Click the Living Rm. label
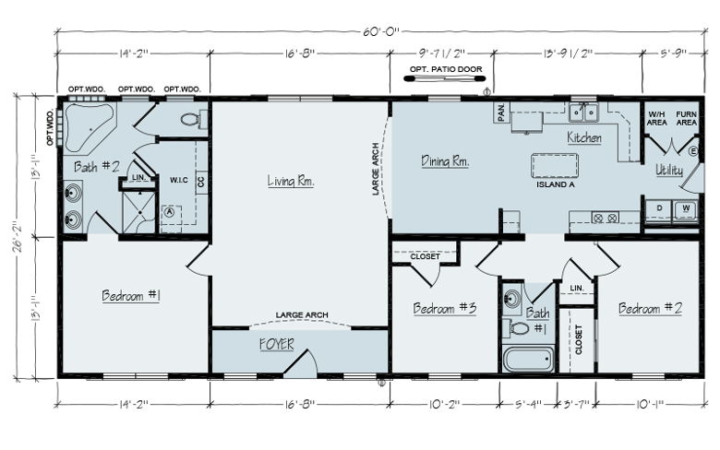pyautogui.click(x=291, y=181)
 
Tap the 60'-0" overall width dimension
pyautogui.click(x=381, y=31)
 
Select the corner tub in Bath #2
pyautogui.click(x=88, y=126)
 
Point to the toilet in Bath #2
pyautogui.click(x=193, y=120)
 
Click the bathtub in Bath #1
pyautogui.click(x=528, y=360)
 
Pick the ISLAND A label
pyautogui.click(x=555, y=184)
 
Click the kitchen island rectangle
pyautogui.click(x=554, y=166)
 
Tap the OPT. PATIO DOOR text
pyautogui.click(x=446, y=69)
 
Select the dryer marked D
pyautogui.click(x=659, y=210)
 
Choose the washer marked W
pyautogui.click(x=686, y=210)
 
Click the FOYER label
pyautogui.click(x=276, y=344)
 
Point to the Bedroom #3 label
pyautogui.click(x=444, y=308)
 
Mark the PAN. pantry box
pyautogui.click(x=501, y=112)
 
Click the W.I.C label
pyautogui.click(x=179, y=180)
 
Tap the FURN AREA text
pyautogui.click(x=686, y=118)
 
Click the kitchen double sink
pyautogui.click(x=583, y=112)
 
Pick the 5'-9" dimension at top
pyautogui.click(x=673, y=53)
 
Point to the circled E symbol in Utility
pyautogui.click(x=693, y=151)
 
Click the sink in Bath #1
pyautogui.click(x=512, y=299)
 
